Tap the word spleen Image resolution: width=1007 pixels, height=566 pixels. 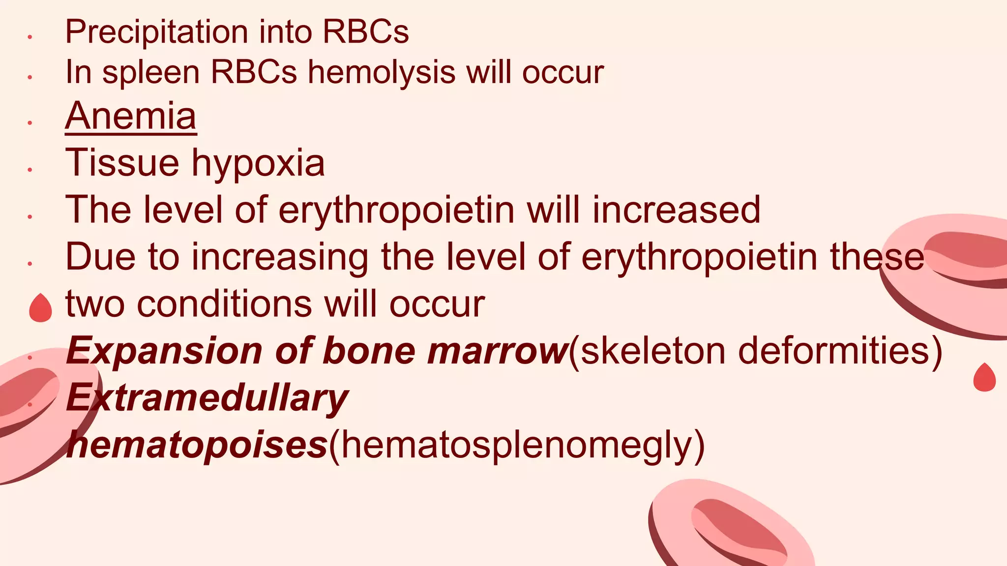[x=150, y=73]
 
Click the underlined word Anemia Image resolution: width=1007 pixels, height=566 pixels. [x=131, y=116]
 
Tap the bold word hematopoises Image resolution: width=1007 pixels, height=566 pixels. [x=197, y=445]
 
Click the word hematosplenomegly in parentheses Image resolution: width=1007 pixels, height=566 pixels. [x=516, y=445]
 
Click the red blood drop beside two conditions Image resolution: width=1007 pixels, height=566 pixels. [x=40, y=309]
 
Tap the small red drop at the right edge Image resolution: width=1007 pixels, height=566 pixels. [x=984, y=377]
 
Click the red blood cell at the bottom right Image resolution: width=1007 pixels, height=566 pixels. [x=733, y=528]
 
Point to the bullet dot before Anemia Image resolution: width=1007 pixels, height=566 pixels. [x=30, y=122]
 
